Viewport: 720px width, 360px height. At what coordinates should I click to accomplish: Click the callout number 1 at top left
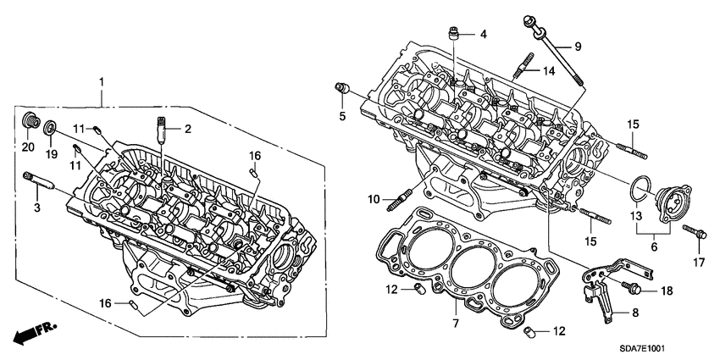click(x=102, y=81)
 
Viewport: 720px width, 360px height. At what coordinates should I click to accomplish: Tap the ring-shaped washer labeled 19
click(x=51, y=129)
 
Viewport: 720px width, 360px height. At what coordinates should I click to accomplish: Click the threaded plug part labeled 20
click(x=30, y=121)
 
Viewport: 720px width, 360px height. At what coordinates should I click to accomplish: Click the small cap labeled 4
click(x=455, y=35)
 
